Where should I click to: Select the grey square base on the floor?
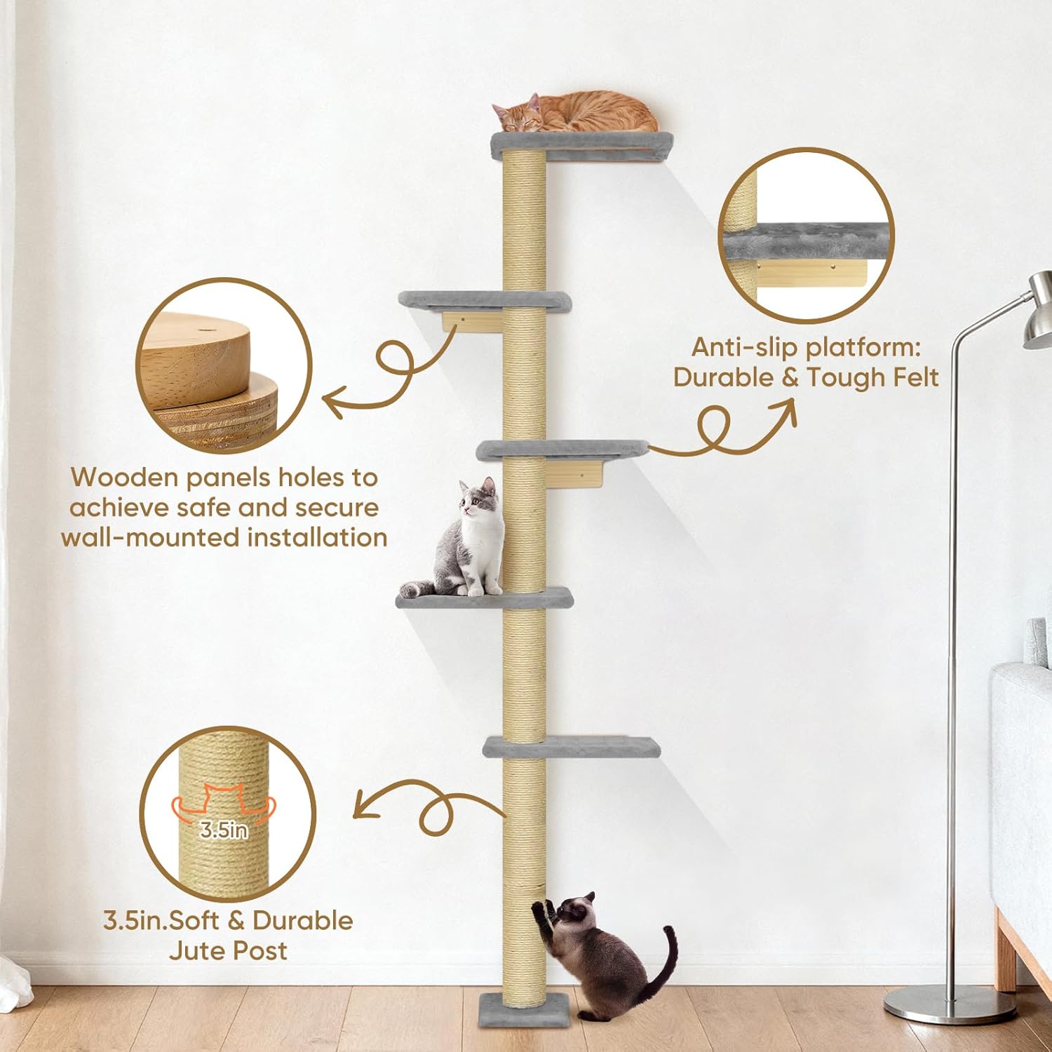pyautogui.click(x=502, y=1008)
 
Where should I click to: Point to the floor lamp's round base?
pyautogui.click(x=950, y=1004)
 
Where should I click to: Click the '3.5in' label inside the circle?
pyautogui.click(x=224, y=830)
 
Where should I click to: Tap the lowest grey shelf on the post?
pyautogui.click(x=572, y=746)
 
